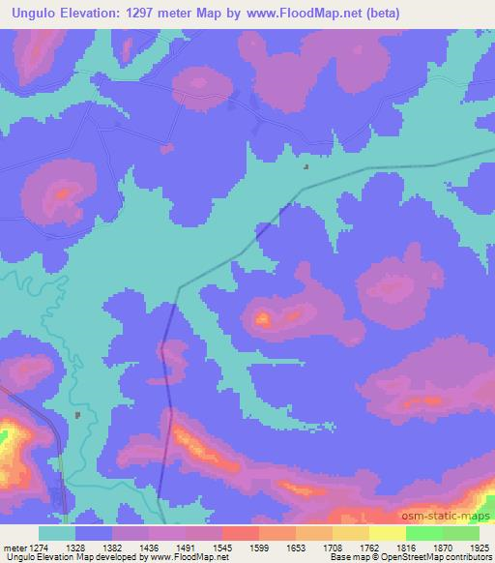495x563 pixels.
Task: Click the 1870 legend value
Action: click(x=444, y=548)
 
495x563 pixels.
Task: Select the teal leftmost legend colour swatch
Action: click(x=57, y=533)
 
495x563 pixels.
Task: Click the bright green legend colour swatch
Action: click(x=423, y=533)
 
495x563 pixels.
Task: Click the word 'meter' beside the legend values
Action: click(x=14, y=548)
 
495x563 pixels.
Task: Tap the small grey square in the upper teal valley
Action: click(x=307, y=166)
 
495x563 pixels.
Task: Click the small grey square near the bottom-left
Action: click(x=76, y=415)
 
